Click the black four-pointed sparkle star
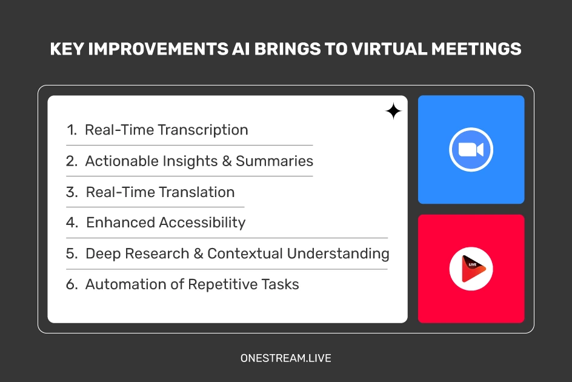394,112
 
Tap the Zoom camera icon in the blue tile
471,149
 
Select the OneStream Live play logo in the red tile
471,269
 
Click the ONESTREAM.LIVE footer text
285,358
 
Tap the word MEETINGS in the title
476,49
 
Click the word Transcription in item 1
203,130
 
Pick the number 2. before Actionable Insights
72,161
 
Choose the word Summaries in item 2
274,161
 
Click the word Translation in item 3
196,192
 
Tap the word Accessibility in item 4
202,223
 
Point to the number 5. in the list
72,254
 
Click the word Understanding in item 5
338,254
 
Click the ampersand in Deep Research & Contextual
199,254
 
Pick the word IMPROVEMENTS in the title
158,49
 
